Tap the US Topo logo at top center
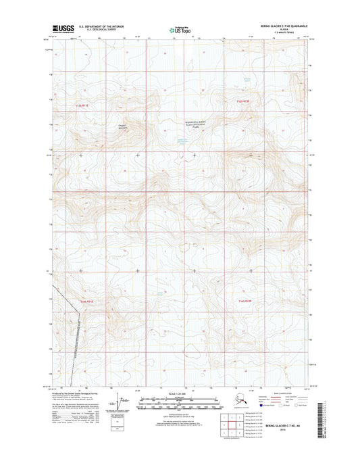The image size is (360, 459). coord(180,29)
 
